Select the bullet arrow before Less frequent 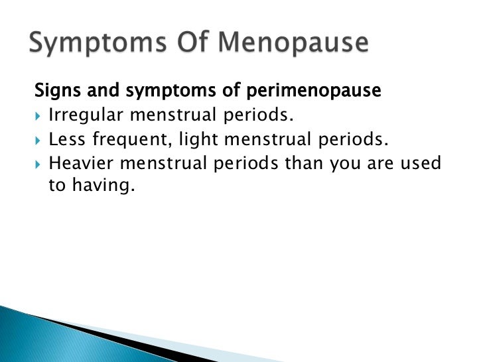(38, 139)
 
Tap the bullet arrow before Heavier (38, 163)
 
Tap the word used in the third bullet (421, 162)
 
